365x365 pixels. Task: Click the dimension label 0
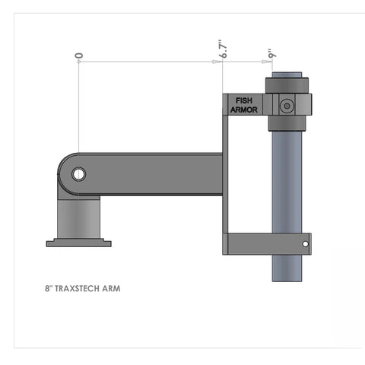click(78, 56)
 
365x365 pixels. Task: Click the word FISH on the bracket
click(244, 100)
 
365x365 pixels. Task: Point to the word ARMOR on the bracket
click(244, 109)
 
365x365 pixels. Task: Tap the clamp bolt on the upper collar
click(287, 106)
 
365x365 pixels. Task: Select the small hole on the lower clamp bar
click(305, 244)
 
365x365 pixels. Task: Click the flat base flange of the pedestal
click(79, 243)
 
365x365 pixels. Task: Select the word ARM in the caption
click(112, 289)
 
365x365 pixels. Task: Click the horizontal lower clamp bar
click(266, 243)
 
